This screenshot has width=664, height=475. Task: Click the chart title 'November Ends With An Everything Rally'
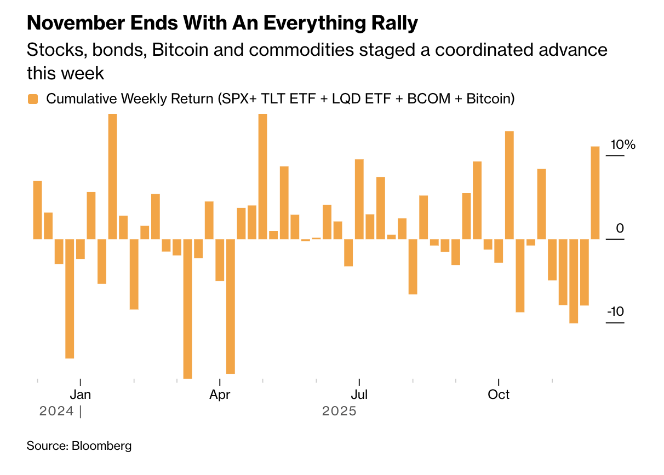(x=222, y=23)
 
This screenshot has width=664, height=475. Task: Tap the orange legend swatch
(x=33, y=99)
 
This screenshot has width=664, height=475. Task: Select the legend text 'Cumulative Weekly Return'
(x=130, y=99)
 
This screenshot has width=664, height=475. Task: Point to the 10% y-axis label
(x=623, y=145)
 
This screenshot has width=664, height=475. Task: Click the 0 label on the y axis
(x=620, y=228)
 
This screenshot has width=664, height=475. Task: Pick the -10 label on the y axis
(x=615, y=311)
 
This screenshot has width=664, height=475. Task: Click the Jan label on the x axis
(x=81, y=395)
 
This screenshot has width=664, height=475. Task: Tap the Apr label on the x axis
(x=220, y=395)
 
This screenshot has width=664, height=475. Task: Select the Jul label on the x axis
(x=359, y=395)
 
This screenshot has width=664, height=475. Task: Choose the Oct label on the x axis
(x=499, y=395)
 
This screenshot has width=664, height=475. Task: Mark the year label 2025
(x=339, y=411)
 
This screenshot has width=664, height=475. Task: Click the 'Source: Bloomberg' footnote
(x=79, y=445)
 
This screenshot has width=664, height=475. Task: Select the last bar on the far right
(x=595, y=193)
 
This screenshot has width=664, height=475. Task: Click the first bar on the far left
(x=37, y=210)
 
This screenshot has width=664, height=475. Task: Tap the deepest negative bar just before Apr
(x=187, y=309)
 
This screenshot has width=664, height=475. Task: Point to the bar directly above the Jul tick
(x=359, y=199)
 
